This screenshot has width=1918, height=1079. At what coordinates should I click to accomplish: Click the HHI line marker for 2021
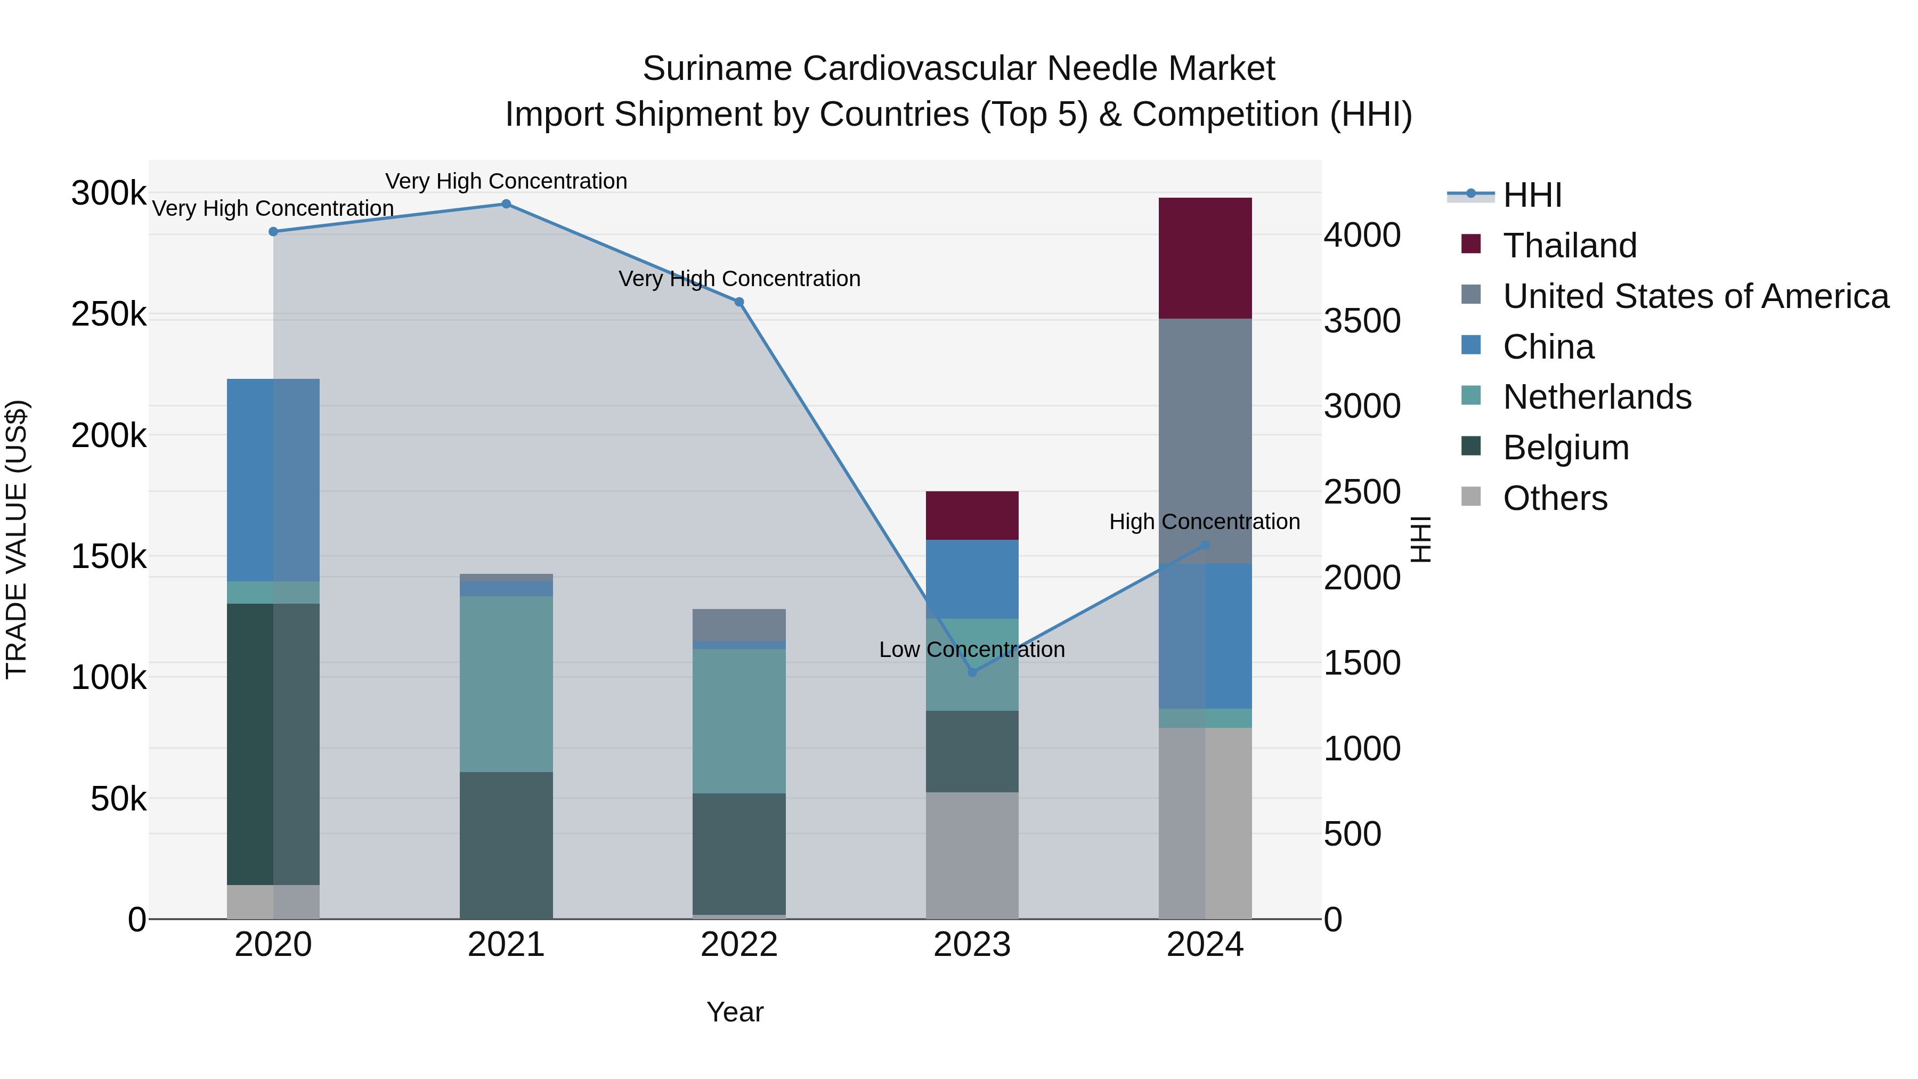coord(506,204)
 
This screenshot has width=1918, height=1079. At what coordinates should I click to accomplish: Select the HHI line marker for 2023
coord(972,672)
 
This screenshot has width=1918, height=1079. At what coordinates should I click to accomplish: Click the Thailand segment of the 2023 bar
coord(972,515)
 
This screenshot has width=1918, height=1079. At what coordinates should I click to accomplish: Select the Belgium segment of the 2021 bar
coord(506,845)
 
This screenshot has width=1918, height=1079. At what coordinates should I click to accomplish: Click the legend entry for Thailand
coord(1569,246)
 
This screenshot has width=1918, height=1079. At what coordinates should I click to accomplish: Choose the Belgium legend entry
coord(1565,448)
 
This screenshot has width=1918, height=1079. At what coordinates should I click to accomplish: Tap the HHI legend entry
coord(1532,195)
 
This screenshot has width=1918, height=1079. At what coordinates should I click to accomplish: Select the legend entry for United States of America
coord(1695,296)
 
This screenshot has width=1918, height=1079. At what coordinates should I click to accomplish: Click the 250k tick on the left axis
coord(109,315)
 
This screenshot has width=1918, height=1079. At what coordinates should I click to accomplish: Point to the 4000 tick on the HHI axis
coord(1362,236)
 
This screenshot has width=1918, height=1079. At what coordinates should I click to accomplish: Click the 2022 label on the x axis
coord(738,945)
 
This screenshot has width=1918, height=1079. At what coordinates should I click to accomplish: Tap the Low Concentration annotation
coord(972,650)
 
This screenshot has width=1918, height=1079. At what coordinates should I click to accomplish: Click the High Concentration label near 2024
coord(1204,522)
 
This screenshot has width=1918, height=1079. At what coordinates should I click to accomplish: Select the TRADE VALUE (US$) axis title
coord(17,539)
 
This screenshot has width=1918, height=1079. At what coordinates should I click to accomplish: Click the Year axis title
coord(735,1012)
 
